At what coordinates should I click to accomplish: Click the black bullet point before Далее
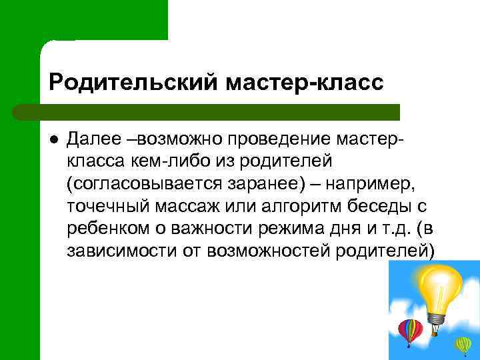coord(53,139)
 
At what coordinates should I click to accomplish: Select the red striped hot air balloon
coord(409,331)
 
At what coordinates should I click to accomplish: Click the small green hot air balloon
coord(463,344)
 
